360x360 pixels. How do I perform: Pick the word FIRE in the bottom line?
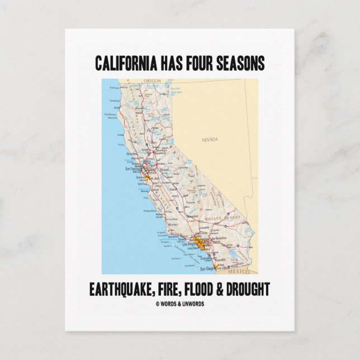tap(178, 289)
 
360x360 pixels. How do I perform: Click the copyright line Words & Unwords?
tap(180, 303)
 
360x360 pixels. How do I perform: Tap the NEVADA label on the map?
tap(210, 139)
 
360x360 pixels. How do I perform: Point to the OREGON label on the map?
tap(152, 81)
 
